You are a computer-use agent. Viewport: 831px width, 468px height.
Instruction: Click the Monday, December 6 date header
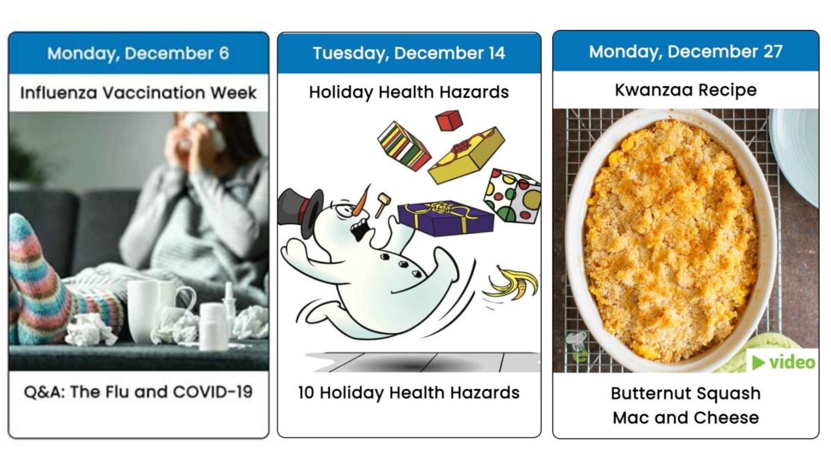[x=138, y=53]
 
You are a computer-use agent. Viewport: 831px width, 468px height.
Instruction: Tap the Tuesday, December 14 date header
[x=409, y=53]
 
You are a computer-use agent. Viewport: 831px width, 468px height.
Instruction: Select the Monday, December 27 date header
[x=686, y=52]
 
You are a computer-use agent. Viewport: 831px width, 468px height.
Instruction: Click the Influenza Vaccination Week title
[x=138, y=93]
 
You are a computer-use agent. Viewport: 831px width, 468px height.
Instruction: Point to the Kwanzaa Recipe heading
[x=686, y=90]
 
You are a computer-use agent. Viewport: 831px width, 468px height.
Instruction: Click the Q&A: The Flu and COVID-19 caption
[x=138, y=393]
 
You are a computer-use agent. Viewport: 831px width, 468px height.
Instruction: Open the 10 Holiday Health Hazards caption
[x=409, y=393]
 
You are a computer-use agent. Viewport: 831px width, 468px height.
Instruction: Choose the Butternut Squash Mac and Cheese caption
[x=686, y=405]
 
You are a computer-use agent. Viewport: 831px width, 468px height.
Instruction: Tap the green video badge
[x=783, y=361]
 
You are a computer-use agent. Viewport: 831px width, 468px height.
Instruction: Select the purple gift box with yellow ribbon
[x=447, y=217]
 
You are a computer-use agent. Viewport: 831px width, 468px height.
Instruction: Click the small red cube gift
[x=448, y=120]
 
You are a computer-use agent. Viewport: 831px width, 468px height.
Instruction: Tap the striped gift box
[x=404, y=145]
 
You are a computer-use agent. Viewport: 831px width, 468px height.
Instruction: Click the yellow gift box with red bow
[x=465, y=154]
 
